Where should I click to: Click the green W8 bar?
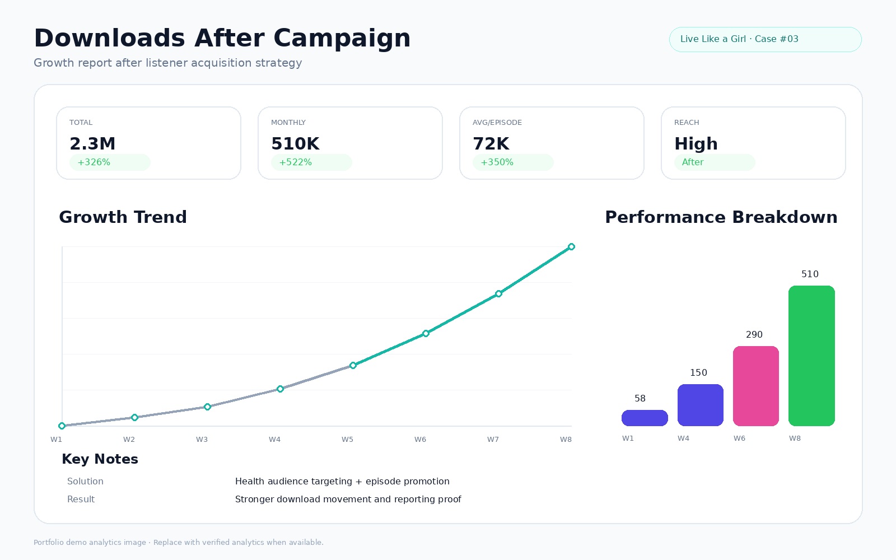(x=811, y=356)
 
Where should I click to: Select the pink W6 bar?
(x=755, y=386)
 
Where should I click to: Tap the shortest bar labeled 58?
(x=645, y=418)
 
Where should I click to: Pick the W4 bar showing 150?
(x=700, y=405)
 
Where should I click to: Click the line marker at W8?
(x=571, y=247)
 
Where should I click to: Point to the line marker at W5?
(x=353, y=365)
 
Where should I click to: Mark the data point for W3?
(x=207, y=407)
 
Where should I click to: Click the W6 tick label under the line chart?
(x=420, y=439)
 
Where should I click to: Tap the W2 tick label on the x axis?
(x=129, y=439)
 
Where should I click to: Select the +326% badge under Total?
(x=110, y=162)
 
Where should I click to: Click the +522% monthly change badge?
(x=311, y=162)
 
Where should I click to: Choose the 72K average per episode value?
(x=491, y=143)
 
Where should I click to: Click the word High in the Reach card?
(x=696, y=144)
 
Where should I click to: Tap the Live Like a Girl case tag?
(x=765, y=39)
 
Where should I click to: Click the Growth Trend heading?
(x=123, y=217)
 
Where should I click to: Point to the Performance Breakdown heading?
(x=721, y=217)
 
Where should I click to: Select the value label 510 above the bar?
(x=810, y=274)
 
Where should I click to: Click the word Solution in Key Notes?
(x=85, y=481)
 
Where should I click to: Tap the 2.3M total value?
(x=92, y=143)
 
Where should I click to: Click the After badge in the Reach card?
(x=715, y=162)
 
